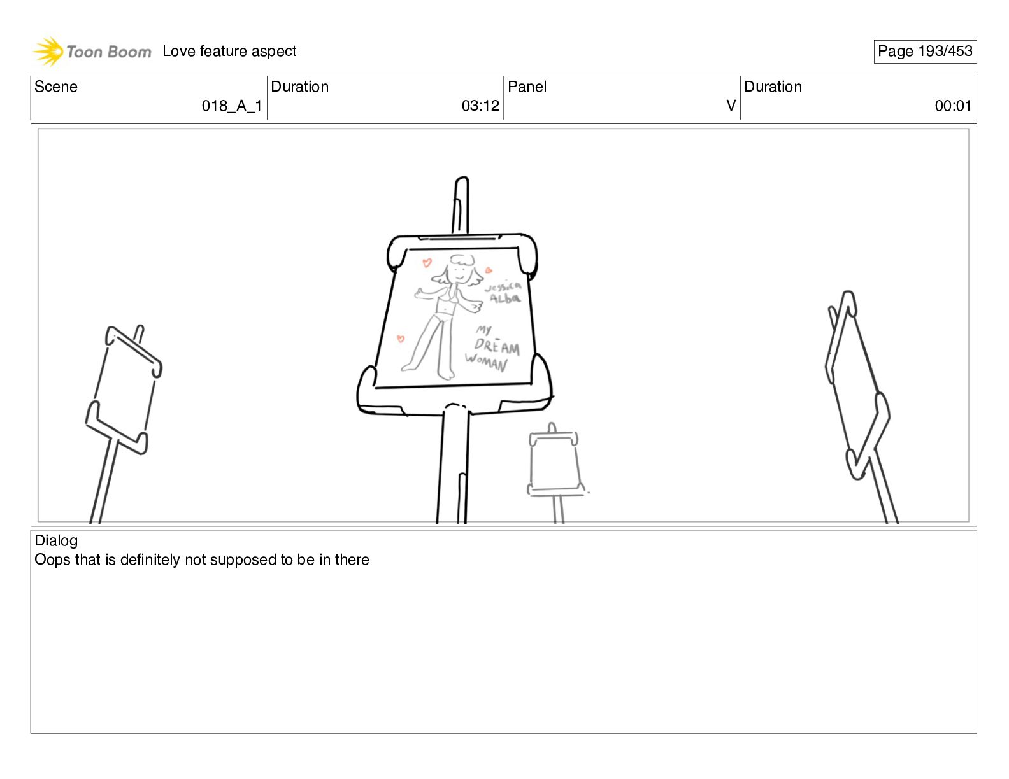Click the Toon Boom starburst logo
tap(48, 51)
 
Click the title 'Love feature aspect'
tap(229, 51)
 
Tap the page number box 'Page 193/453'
tap(925, 51)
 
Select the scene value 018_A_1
tap(232, 106)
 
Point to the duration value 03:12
tap(480, 106)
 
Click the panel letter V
tap(731, 106)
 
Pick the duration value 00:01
tap(953, 106)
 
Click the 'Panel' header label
tap(527, 87)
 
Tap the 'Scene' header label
tap(55, 87)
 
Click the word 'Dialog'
tap(56, 540)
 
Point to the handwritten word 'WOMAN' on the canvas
tap(485, 362)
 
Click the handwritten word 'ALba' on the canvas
tap(505, 298)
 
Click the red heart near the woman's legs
tap(401, 339)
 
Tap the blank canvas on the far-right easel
tap(855, 385)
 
